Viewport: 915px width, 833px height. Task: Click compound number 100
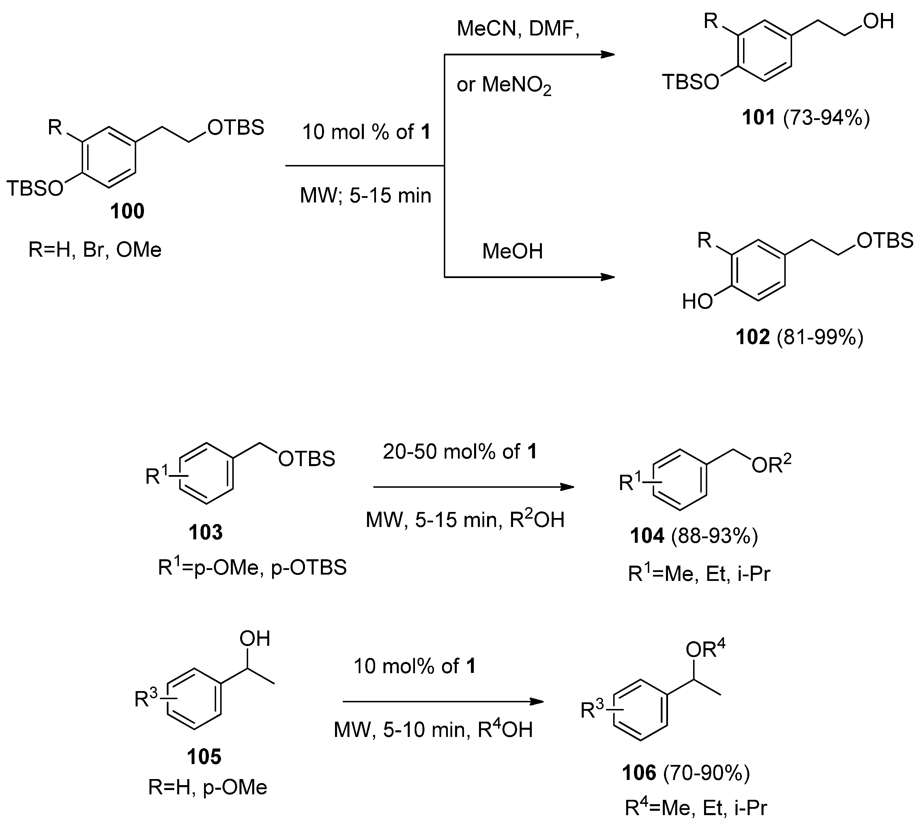127,211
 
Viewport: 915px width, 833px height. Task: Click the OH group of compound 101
878,21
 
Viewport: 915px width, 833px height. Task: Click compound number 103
206,532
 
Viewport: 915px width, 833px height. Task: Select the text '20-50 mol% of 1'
459,452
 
